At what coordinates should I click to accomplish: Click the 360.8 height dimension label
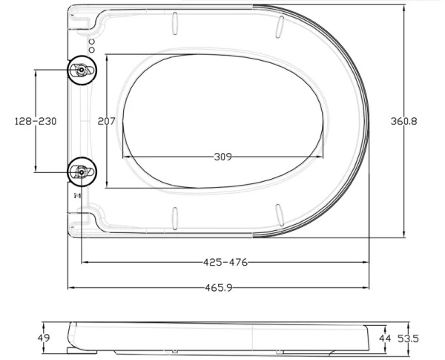click(404, 121)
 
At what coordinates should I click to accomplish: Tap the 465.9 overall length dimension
click(219, 288)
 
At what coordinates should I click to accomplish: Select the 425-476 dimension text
click(225, 262)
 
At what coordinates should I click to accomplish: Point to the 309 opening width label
click(222, 157)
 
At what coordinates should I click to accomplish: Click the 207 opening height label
click(106, 121)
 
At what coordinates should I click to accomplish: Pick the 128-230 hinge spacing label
click(36, 121)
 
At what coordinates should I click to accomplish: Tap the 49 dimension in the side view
click(44, 338)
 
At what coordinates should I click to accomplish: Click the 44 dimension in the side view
click(385, 338)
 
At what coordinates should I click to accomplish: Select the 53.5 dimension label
click(408, 338)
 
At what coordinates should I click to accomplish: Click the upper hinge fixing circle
click(82, 70)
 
